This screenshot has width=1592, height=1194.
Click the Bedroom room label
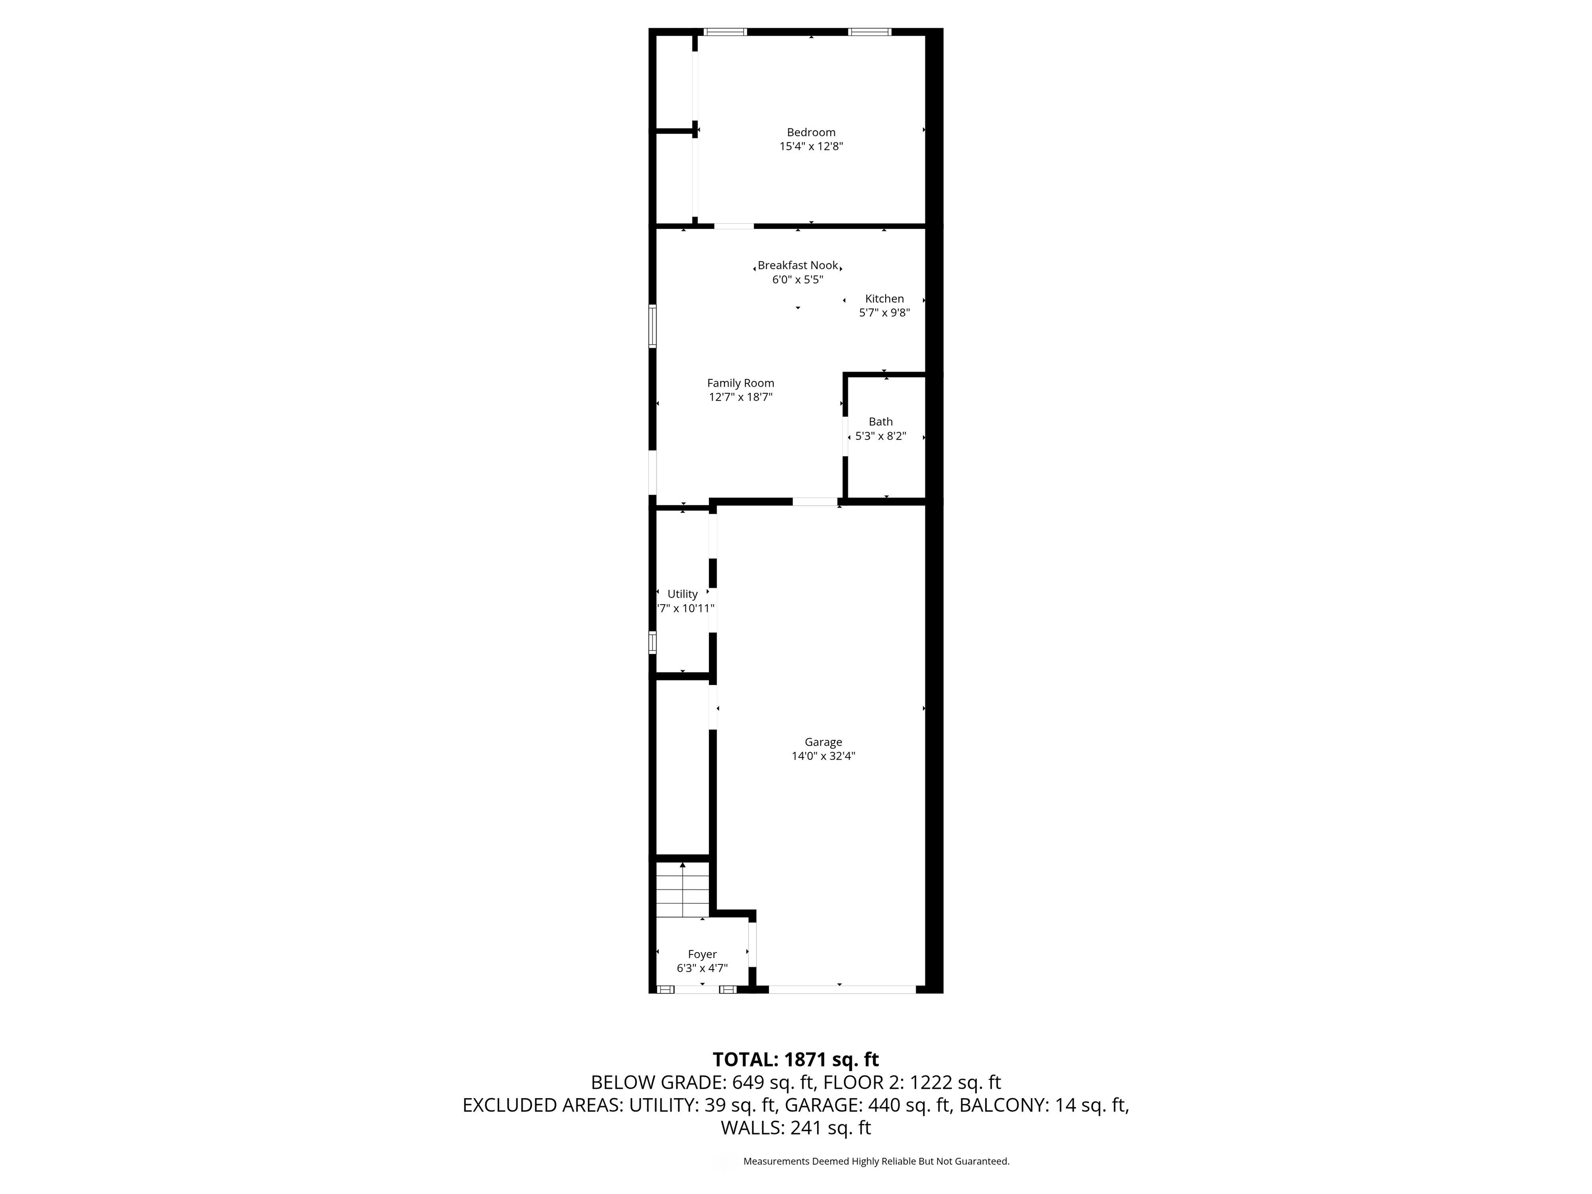811,133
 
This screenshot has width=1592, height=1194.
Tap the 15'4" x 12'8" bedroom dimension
811,147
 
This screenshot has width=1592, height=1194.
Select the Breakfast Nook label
798,265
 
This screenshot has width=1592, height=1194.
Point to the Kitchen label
885,298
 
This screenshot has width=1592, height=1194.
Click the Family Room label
741,383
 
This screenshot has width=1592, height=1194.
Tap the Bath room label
881,422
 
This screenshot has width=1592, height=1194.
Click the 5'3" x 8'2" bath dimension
881,436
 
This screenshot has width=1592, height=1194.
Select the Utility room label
683,594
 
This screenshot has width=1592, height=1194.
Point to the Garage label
823,742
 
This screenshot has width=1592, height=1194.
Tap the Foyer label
702,955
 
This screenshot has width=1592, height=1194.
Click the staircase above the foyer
683,890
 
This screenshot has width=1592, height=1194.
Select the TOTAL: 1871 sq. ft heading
796,1059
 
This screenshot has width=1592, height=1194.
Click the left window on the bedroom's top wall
726,32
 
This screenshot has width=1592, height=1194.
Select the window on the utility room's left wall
653,642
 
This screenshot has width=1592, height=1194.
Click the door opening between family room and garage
815,502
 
